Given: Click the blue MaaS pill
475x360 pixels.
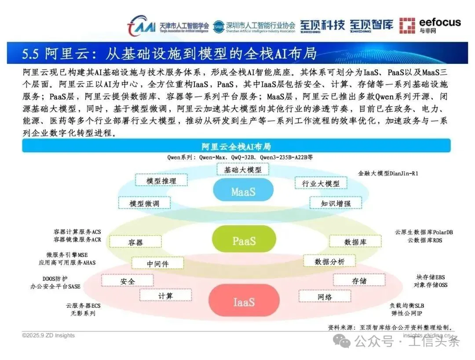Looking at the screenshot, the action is (x=243, y=192).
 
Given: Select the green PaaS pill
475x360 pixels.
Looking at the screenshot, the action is (x=244, y=241).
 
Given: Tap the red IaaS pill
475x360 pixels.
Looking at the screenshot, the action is (x=244, y=302).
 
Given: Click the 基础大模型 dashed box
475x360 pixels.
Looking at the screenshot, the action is (x=242, y=169).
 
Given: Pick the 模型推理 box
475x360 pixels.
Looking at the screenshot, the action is (x=161, y=180).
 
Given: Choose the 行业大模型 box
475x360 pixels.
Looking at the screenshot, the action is (x=320, y=183).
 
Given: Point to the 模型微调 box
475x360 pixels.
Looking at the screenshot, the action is (x=144, y=203).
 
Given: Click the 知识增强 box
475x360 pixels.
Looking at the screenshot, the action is (x=335, y=203).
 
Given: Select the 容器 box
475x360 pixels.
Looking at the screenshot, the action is (x=135, y=242).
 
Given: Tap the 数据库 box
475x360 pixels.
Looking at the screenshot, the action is (x=355, y=242).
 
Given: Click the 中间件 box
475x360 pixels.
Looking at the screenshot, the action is (x=157, y=264).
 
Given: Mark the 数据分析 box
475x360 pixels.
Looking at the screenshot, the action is (x=329, y=261).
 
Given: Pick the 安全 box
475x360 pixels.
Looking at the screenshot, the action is (x=128, y=281).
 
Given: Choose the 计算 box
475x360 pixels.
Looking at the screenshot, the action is (x=165, y=295).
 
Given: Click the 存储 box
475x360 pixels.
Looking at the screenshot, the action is (x=359, y=280).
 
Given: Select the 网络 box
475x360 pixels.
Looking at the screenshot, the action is (x=325, y=297).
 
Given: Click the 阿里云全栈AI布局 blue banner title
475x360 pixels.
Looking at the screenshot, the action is (x=236, y=146).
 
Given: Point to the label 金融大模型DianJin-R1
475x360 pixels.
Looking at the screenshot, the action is (x=388, y=173).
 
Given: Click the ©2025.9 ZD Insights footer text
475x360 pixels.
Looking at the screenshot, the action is (x=48, y=335).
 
